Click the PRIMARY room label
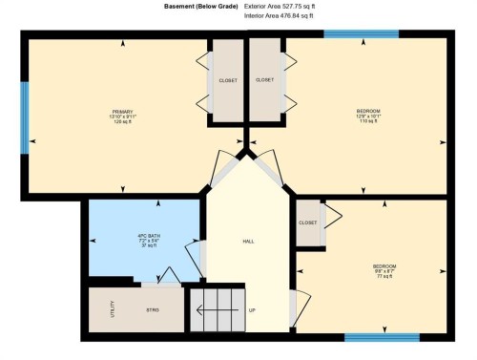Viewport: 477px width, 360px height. pyautogui.click(x=120, y=112)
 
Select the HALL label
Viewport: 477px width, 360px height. pyautogui.click(x=248, y=241)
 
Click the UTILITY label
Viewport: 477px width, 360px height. pyautogui.click(x=113, y=309)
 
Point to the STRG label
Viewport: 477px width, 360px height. pyautogui.click(x=153, y=310)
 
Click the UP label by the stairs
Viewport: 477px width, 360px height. pyautogui.click(x=252, y=310)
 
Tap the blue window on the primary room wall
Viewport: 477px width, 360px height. pyautogui.click(x=25, y=117)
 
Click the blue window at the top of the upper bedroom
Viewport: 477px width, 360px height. pyautogui.click(x=347, y=34)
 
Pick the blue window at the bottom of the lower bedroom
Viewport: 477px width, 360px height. pyautogui.click(x=382, y=336)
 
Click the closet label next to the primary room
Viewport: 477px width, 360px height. pyautogui.click(x=228, y=80)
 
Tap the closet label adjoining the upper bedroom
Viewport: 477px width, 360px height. pyautogui.click(x=265, y=80)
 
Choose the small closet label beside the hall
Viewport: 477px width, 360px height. pyautogui.click(x=307, y=222)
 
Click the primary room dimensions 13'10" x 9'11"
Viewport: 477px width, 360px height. pyautogui.click(x=120, y=117)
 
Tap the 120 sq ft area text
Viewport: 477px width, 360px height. pyautogui.click(x=120, y=122)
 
